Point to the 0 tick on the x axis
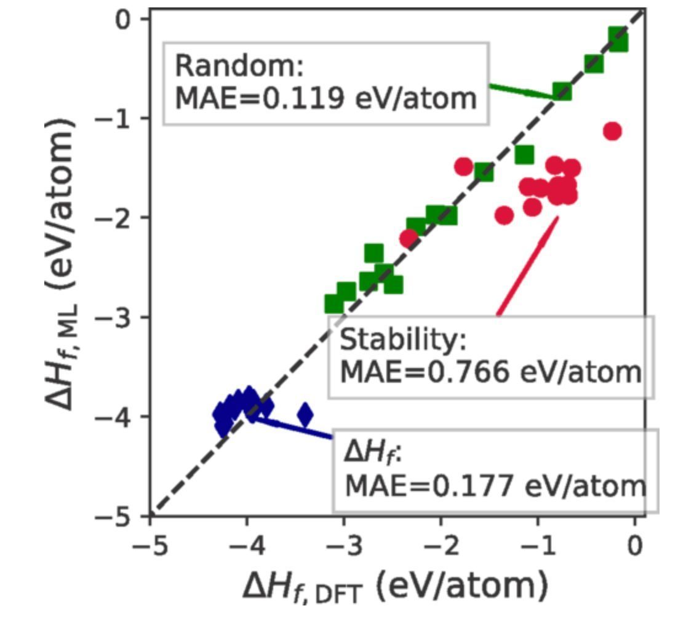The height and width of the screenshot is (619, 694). click(635, 545)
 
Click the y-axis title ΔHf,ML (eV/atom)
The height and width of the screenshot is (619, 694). click(62, 262)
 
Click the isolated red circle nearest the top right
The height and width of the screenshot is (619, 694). click(612, 131)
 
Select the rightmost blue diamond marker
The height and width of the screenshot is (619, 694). click(305, 415)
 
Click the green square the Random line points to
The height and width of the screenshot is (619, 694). click(562, 92)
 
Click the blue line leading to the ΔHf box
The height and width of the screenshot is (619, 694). click(295, 428)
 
